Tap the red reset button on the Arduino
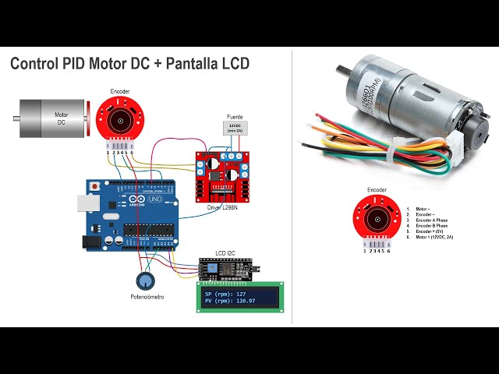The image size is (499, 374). tap(95, 188)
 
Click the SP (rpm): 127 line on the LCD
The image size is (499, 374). tap(231, 294)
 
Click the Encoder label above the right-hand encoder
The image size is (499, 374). tap(377, 189)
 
